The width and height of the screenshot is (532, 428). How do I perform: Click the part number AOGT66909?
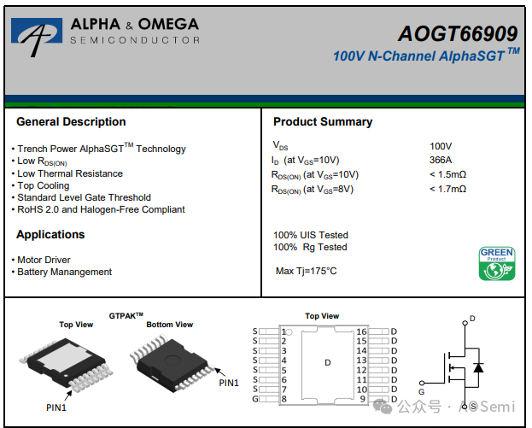458,33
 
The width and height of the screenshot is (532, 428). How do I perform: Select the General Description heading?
71,122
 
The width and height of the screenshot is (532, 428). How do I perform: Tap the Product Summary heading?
323,122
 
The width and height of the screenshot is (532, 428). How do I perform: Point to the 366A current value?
441,160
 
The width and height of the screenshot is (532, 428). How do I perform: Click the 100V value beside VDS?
441,146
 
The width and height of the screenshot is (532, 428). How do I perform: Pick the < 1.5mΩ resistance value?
447,174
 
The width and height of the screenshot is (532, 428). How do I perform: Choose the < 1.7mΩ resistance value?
447,189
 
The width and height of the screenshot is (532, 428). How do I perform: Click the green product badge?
496,264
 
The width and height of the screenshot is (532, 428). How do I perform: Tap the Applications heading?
50,235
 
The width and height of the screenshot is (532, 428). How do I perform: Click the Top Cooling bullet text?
44,185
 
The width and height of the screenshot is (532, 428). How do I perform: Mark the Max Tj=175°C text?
306,272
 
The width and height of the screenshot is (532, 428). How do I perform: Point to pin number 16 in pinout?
361,331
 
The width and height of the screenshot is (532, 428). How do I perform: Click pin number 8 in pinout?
284,399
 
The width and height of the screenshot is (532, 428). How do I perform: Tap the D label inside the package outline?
327,363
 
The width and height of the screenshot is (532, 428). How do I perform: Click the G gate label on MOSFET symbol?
422,390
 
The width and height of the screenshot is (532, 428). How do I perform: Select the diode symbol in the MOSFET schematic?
478,367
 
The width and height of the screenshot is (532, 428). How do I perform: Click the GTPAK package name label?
126,315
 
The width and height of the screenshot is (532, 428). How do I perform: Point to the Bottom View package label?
169,325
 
